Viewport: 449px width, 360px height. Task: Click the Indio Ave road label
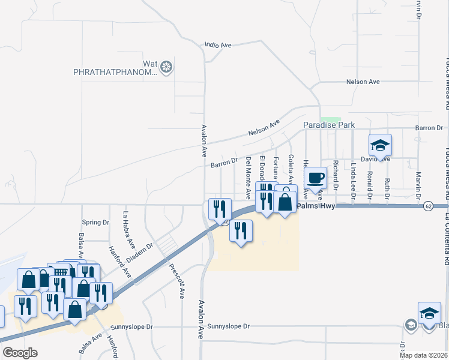[x=218, y=45]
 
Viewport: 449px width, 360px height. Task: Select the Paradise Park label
[x=328, y=125]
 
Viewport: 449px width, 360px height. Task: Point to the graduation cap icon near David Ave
[x=379, y=145]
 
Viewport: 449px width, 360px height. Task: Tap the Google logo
[x=20, y=353]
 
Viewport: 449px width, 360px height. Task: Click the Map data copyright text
[x=423, y=355]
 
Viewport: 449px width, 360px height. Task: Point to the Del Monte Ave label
[x=249, y=178]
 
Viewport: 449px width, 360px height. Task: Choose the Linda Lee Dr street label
[x=354, y=180]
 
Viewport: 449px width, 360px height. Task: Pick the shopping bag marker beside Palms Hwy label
[x=286, y=202]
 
